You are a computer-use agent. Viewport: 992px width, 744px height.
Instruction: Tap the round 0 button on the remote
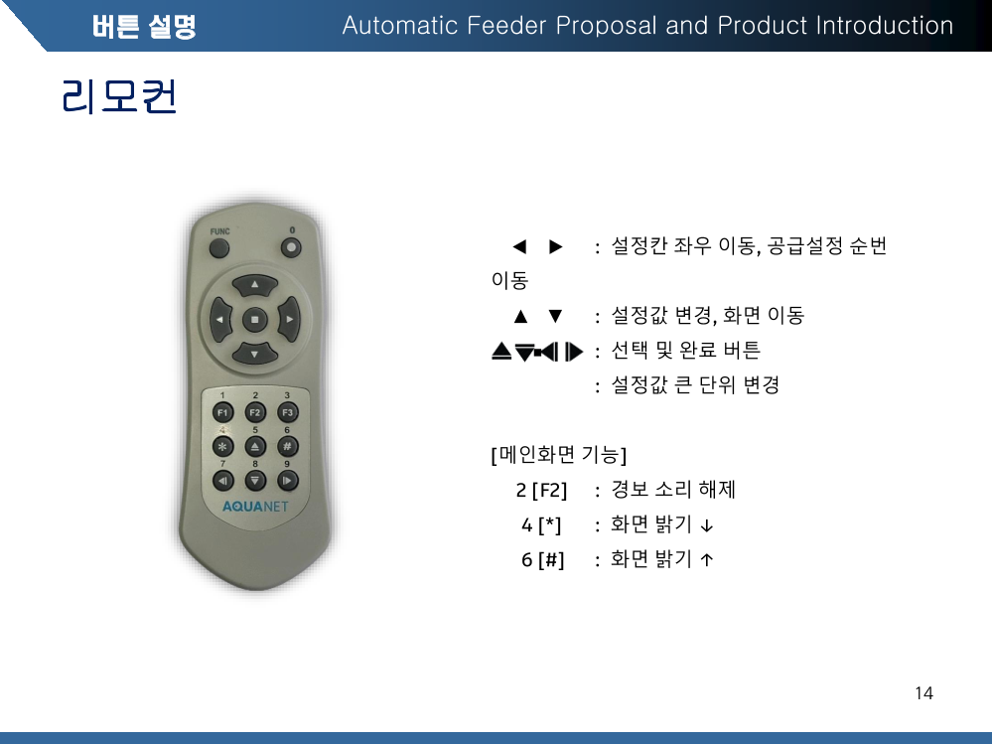tap(291, 247)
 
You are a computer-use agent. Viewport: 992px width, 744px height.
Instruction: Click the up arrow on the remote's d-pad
tap(255, 285)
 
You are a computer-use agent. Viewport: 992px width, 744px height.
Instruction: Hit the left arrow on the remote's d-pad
tap(220, 320)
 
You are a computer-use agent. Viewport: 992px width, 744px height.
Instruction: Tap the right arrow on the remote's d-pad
tap(289, 320)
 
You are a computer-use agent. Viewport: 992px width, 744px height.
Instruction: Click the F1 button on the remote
tap(222, 412)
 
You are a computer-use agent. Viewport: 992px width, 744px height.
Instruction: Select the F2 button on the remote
tap(255, 412)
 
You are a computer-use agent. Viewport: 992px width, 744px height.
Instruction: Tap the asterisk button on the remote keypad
tap(222, 447)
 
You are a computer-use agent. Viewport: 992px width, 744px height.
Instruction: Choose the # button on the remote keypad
tap(287, 447)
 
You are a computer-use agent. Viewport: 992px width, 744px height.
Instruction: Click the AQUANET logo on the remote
tap(255, 507)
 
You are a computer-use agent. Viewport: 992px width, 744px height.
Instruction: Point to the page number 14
tap(923, 693)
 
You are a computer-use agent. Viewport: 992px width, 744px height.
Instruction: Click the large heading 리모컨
tap(119, 96)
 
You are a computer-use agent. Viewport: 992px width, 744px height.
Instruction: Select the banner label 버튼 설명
tap(144, 27)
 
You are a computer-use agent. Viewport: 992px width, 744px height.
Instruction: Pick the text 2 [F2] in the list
tap(541, 490)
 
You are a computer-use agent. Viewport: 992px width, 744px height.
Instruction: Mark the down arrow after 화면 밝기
tap(707, 525)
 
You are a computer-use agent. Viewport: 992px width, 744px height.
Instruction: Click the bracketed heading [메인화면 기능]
tap(559, 454)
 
